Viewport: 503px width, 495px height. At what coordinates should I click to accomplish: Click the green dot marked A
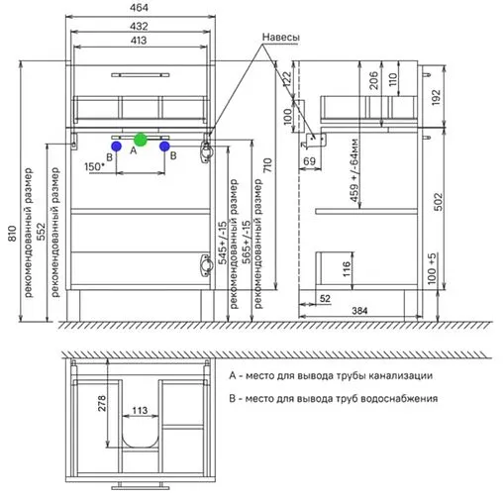[x=141, y=140]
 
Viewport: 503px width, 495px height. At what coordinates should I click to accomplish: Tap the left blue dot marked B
[x=116, y=146]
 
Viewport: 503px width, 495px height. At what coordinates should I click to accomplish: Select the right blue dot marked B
[x=164, y=147]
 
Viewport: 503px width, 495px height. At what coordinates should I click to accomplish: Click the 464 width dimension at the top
[x=139, y=8]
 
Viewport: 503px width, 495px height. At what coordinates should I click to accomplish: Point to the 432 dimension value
[x=139, y=26]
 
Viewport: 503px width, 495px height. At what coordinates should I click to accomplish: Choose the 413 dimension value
[x=139, y=41]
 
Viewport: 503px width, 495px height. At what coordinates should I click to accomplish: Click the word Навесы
[x=281, y=37]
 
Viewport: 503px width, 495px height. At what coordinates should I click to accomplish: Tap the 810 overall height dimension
[x=12, y=234]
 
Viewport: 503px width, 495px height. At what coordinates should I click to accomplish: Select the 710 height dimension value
[x=267, y=165]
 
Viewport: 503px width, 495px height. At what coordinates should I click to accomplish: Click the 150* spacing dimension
[x=94, y=166]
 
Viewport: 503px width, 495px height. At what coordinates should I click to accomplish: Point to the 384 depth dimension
[x=359, y=311]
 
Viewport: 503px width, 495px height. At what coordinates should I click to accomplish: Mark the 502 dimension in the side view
[x=438, y=202]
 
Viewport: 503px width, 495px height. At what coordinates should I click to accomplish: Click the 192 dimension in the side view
[x=436, y=97]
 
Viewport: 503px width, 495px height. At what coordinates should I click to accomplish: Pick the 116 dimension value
[x=347, y=269]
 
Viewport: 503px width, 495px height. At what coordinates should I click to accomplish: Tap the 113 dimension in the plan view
[x=140, y=410]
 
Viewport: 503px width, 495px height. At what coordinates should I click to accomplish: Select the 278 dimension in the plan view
[x=102, y=403]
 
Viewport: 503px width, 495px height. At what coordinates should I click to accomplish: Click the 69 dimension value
[x=309, y=161]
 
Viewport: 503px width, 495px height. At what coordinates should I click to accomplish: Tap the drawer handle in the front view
[x=141, y=75]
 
